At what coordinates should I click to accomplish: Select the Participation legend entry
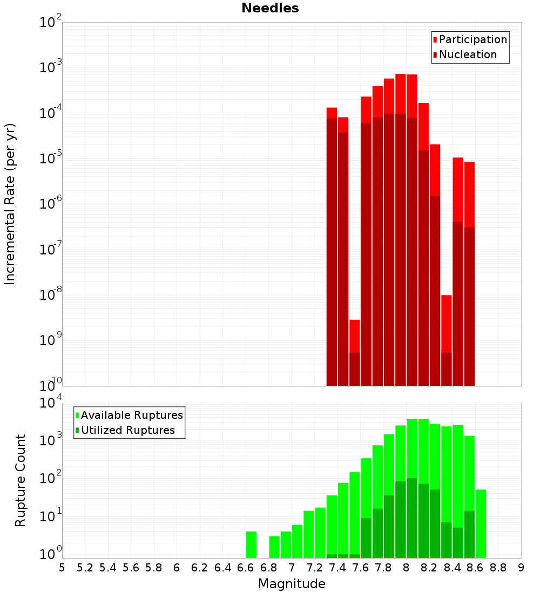(x=473, y=39)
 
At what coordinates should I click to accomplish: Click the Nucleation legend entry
(x=467, y=54)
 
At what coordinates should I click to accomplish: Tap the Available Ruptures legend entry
(x=131, y=415)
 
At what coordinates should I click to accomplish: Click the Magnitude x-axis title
(x=292, y=584)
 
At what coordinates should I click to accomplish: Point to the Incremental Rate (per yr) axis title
(x=10, y=204)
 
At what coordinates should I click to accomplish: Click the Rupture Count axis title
(x=21, y=480)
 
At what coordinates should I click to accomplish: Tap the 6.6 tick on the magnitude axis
(x=245, y=568)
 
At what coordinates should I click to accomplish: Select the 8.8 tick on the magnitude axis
(x=498, y=568)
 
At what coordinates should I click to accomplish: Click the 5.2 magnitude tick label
(x=85, y=568)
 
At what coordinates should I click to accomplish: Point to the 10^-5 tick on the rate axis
(x=51, y=158)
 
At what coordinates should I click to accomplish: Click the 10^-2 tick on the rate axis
(x=51, y=23)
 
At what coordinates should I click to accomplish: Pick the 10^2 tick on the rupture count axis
(x=51, y=479)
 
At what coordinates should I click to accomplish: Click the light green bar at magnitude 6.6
(x=251, y=544)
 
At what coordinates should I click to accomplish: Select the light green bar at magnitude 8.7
(x=481, y=523)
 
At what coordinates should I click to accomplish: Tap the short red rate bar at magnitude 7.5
(x=354, y=337)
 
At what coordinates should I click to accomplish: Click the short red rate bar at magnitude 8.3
(x=446, y=323)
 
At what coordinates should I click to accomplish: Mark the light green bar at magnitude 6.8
(x=274, y=547)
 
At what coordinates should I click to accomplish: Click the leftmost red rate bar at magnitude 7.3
(x=332, y=243)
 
